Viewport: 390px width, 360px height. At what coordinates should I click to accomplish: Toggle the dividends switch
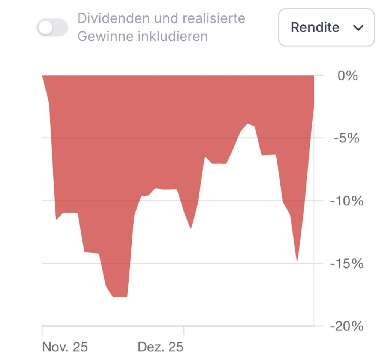pyautogui.click(x=52, y=28)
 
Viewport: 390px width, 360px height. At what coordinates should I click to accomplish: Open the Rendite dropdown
pyautogui.click(x=326, y=27)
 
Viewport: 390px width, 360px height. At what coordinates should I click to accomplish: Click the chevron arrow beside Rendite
pyautogui.click(x=358, y=28)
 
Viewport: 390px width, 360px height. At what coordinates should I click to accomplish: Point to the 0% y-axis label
pyautogui.click(x=348, y=76)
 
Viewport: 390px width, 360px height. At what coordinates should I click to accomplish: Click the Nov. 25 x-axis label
pyautogui.click(x=65, y=347)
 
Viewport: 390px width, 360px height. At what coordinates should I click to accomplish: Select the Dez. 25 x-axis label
pyautogui.click(x=160, y=347)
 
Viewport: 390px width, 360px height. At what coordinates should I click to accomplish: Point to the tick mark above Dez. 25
pyautogui.click(x=183, y=330)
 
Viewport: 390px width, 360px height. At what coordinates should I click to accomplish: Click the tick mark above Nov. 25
pyautogui.click(x=42, y=330)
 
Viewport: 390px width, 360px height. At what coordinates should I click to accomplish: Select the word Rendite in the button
pyautogui.click(x=315, y=27)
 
